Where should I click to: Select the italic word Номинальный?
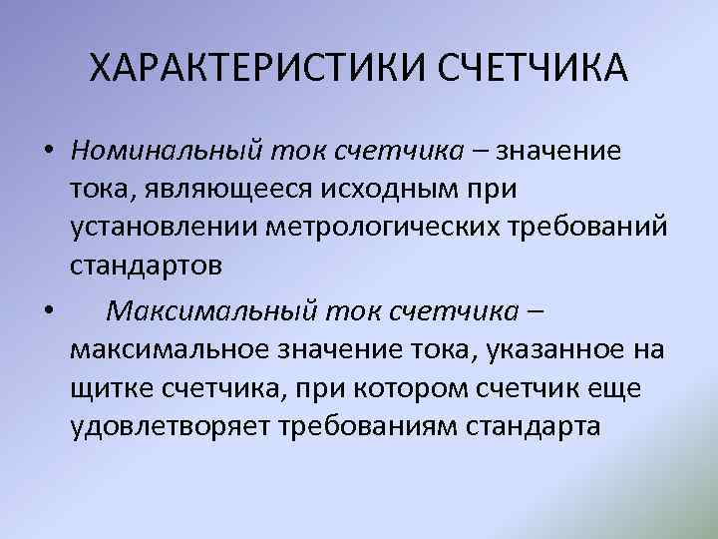(x=166, y=151)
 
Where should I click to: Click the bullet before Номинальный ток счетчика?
(x=49, y=152)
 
